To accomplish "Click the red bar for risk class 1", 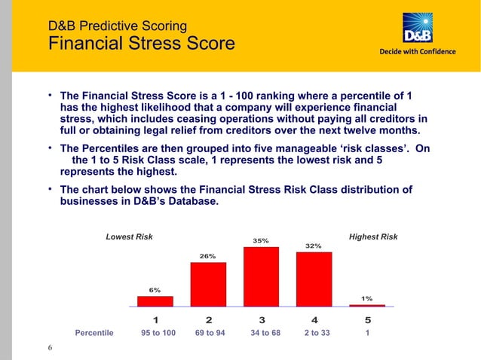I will point(155,301).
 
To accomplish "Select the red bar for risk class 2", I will point(208,284).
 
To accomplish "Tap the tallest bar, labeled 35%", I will point(261,276).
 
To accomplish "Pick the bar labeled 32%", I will point(314,279).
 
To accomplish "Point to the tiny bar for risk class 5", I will point(367,305).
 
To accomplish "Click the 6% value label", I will point(155,290).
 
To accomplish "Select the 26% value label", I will point(207,256).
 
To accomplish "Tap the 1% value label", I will point(367,298).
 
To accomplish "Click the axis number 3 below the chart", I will point(261,319).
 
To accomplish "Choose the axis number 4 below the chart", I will point(314,319).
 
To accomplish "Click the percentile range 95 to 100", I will point(158,332).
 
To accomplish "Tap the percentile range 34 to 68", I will point(265,332).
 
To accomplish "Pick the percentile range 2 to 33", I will point(317,332).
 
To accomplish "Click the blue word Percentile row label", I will point(94,332).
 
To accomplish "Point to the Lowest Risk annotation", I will point(129,237).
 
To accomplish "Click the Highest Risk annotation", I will point(373,237).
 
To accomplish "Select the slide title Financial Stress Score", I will point(141,43).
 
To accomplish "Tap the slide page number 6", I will point(50,347).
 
